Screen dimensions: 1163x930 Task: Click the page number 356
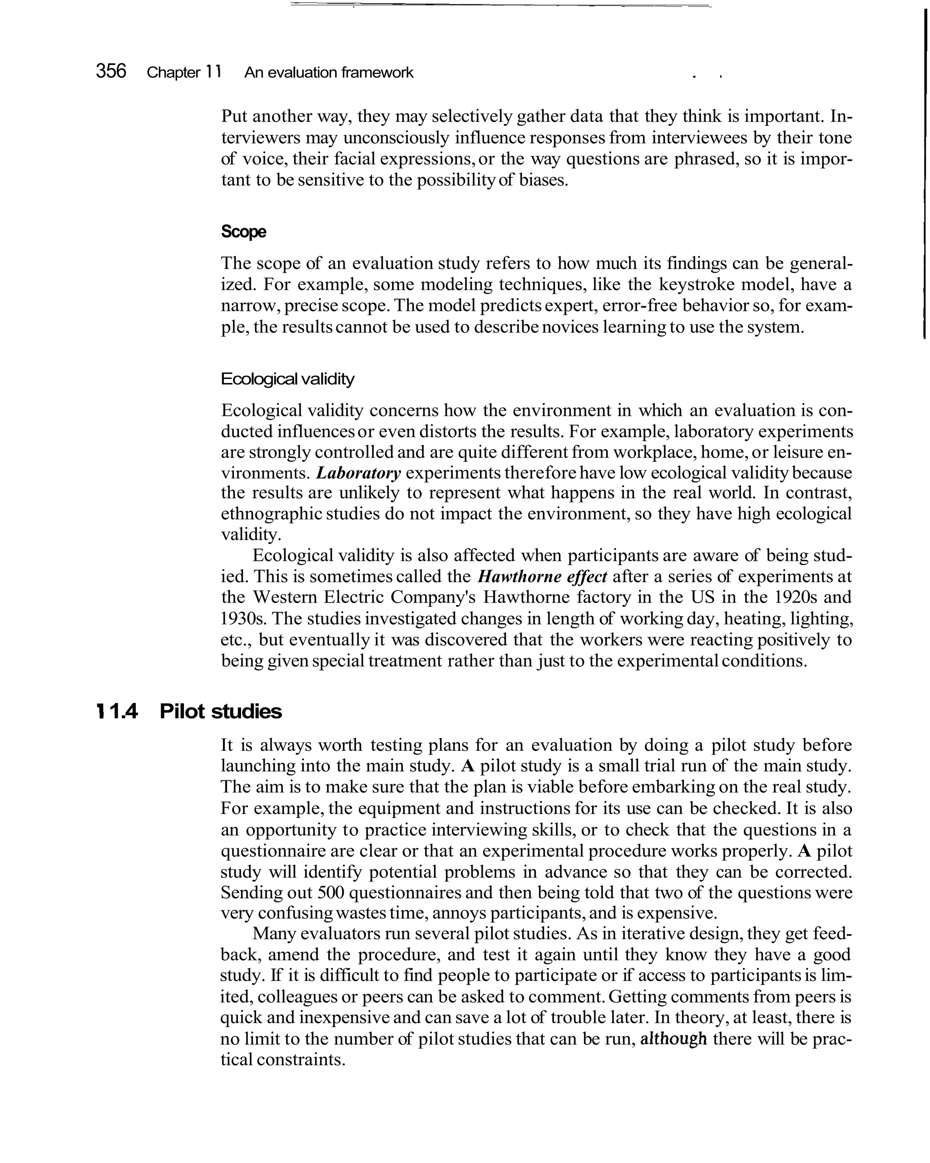[x=111, y=71]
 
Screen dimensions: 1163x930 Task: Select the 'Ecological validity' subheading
[x=287, y=379]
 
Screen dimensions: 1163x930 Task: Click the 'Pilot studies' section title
[x=221, y=712]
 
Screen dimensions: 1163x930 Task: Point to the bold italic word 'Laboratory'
[x=358, y=473]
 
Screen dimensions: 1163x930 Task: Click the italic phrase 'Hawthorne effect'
[x=542, y=577]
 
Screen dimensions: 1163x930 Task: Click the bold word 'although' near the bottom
[x=673, y=1039]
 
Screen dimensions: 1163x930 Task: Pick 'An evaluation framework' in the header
[x=328, y=72]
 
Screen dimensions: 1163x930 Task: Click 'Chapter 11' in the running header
[x=184, y=72]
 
